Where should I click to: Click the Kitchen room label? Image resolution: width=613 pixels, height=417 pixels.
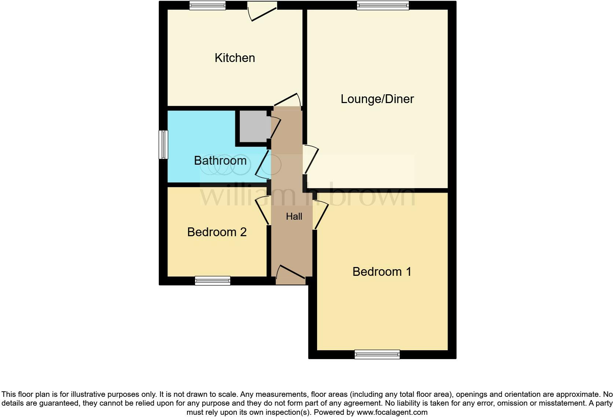click(235, 58)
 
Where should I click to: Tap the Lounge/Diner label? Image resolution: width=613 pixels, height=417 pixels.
click(377, 99)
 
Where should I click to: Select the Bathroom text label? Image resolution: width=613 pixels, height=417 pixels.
click(220, 161)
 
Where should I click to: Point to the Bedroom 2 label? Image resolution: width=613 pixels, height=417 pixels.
click(217, 232)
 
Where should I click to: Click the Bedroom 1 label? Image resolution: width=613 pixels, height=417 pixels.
click(382, 272)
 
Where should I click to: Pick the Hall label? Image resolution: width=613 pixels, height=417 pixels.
click(294, 217)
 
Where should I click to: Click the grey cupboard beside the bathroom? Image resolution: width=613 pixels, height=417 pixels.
click(254, 126)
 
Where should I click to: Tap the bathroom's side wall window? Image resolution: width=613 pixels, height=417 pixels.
click(163, 145)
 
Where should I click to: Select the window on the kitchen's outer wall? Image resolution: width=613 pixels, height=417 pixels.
click(207, 6)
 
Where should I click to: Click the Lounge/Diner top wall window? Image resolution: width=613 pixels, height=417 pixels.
click(383, 6)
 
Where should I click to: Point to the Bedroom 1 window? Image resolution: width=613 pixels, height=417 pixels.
click(377, 354)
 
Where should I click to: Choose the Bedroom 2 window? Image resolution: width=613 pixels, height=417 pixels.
click(213, 281)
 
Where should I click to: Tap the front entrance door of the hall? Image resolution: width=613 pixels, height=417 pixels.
click(291, 275)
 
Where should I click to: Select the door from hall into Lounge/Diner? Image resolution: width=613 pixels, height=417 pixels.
click(310, 159)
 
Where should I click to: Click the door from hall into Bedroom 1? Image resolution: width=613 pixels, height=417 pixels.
click(320, 215)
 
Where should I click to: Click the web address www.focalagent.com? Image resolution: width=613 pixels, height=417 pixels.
click(392, 412)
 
